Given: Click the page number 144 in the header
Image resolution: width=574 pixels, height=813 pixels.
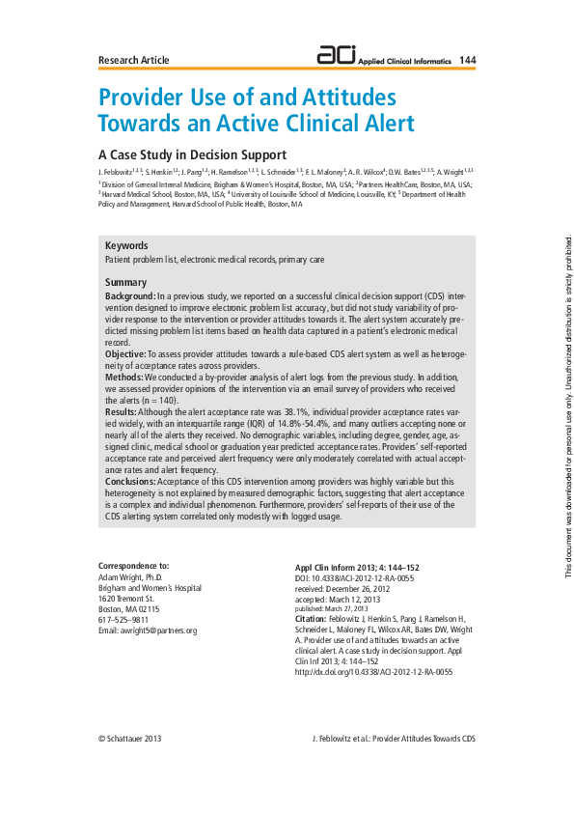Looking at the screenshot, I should (x=467, y=60).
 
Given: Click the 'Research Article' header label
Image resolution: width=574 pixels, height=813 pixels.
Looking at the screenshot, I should (x=134, y=61).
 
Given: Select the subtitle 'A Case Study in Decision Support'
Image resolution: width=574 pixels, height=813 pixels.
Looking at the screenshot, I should (x=193, y=154).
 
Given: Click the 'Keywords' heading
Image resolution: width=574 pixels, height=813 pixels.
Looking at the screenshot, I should (x=126, y=246).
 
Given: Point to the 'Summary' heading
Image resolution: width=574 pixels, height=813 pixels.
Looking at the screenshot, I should (x=125, y=282).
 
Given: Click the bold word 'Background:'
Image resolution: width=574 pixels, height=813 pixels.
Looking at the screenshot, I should (x=130, y=294).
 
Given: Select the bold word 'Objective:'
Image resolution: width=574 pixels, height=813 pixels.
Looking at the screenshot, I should (x=126, y=354).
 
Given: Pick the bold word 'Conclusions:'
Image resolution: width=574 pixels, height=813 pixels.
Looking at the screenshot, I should (x=131, y=480).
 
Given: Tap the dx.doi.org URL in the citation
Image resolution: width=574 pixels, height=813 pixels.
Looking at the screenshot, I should (x=373, y=672).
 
